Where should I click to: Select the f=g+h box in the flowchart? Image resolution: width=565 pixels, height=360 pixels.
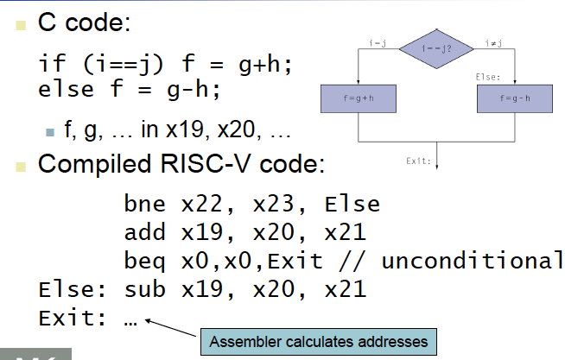point(358,98)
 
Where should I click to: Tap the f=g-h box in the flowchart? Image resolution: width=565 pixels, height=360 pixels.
point(515,98)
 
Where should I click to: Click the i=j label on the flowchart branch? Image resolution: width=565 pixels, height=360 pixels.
point(377,42)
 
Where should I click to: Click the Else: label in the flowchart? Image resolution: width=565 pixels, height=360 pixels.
point(488,77)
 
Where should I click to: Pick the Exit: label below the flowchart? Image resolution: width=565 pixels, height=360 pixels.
point(419,161)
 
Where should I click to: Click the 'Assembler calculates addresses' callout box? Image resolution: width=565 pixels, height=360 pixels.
point(318,341)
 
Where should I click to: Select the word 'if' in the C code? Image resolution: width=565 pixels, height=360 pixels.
point(49,64)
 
